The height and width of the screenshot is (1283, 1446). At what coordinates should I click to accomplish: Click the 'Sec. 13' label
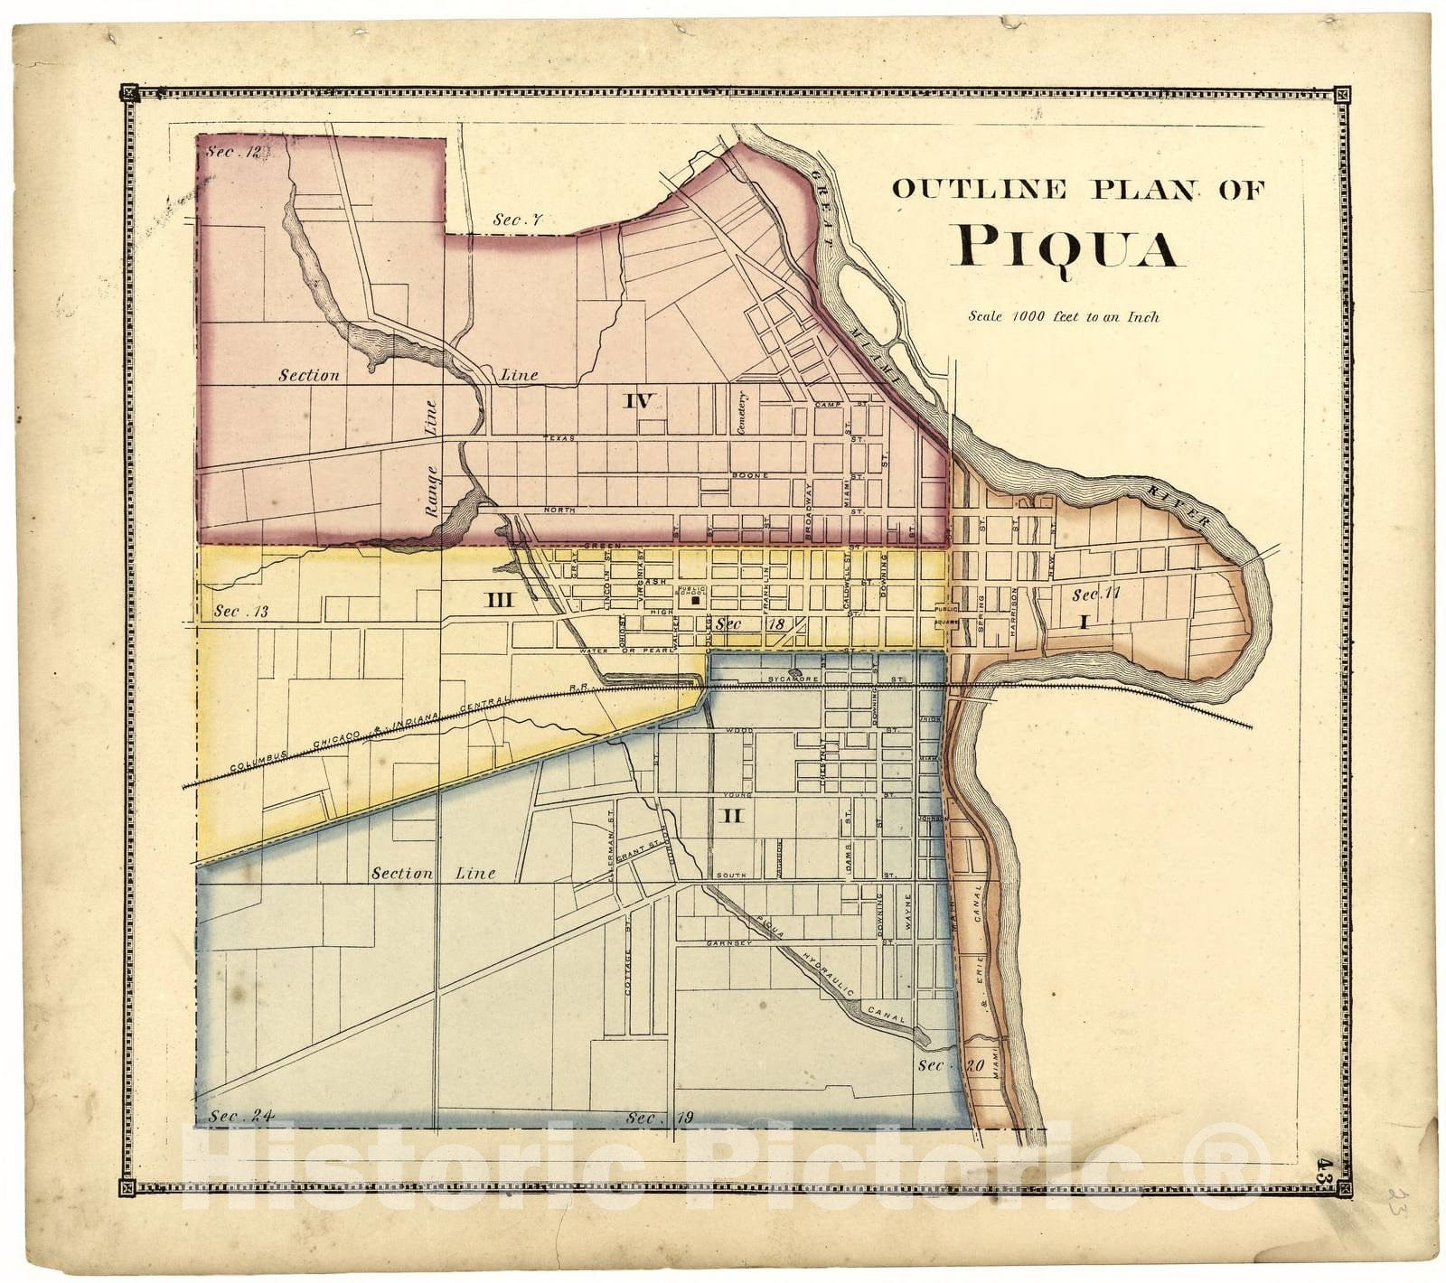pos(241,612)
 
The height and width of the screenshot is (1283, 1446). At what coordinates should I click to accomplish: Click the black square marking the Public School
pos(695,600)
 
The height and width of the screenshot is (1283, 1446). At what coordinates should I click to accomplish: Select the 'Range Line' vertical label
pos(432,459)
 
